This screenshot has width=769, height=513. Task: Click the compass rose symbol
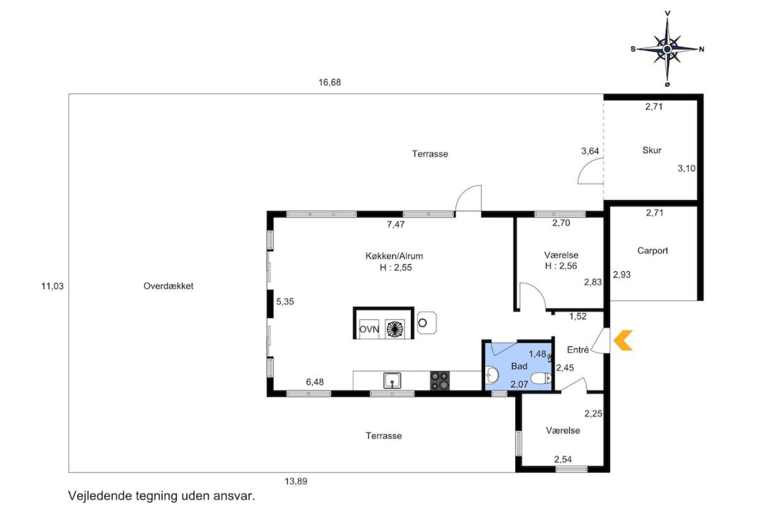tap(667, 49)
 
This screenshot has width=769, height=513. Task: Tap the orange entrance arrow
tap(623, 340)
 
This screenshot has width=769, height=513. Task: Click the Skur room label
tap(652, 150)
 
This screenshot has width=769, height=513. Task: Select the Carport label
tap(652, 251)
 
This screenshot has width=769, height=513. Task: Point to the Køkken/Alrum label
tap(394, 256)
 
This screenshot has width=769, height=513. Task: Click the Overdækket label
tap(168, 286)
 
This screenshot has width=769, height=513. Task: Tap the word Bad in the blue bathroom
tap(518, 366)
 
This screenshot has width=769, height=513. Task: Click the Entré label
tap(578, 349)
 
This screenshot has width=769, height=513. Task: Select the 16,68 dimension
tap(329, 83)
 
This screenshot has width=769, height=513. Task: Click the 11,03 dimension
tap(53, 286)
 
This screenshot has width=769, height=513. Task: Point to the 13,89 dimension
tap(295, 482)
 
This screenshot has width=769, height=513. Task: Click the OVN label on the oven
tap(369, 329)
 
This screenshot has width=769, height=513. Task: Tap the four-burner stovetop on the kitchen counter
tap(440, 381)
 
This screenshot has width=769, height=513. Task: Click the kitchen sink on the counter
tap(392, 381)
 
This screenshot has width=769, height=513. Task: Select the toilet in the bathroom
tap(541, 378)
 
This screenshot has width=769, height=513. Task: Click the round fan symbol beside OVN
tap(395, 329)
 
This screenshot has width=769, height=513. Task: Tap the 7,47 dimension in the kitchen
tap(396, 224)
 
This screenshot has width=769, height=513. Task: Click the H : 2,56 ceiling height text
tap(561, 266)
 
